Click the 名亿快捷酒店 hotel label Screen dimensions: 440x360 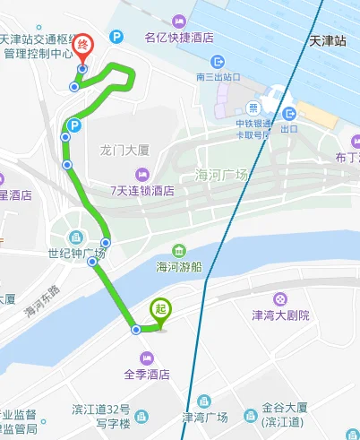(x=179, y=38)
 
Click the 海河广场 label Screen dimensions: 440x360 (x=220, y=175)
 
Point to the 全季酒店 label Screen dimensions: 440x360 (x=148, y=375)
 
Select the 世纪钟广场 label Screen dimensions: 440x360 (x=77, y=254)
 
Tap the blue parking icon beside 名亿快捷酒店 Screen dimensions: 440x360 (x=116, y=37)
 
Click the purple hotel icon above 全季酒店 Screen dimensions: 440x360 (x=148, y=357)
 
